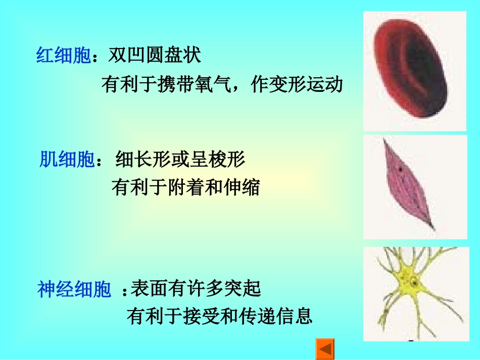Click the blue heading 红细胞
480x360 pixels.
pos(63,56)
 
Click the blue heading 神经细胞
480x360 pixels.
pos(74,290)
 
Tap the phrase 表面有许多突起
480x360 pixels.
pos(196,289)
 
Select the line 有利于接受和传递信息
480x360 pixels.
pos(220,317)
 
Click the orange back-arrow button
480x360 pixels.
pos(325,349)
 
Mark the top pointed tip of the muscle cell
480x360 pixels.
pos(386,140)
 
